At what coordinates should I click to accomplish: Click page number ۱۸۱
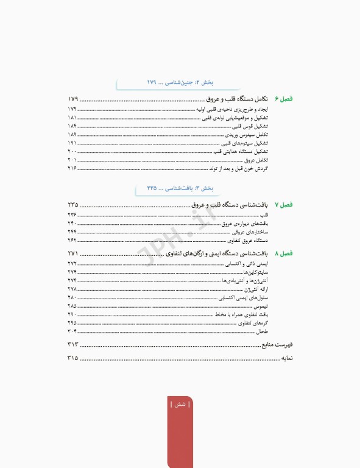pyautogui.click(x=72, y=117)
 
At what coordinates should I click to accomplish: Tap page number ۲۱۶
pyautogui.click(x=72, y=168)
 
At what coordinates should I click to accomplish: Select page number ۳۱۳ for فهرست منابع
pyautogui.click(x=73, y=345)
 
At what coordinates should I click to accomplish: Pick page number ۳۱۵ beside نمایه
pyautogui.click(x=73, y=358)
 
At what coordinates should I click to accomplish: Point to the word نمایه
pyautogui.click(x=286, y=358)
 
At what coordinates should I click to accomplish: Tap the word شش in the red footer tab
pyautogui.click(x=181, y=405)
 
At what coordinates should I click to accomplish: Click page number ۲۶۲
pyautogui.click(x=72, y=240)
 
